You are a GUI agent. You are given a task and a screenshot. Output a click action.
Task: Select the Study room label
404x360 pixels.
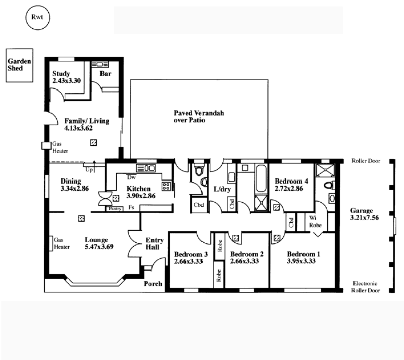(x=61, y=74)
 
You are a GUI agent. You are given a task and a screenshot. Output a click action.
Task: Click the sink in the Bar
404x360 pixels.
(x=100, y=64)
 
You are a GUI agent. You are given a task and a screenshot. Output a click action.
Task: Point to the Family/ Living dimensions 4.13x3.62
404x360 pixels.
(x=78, y=128)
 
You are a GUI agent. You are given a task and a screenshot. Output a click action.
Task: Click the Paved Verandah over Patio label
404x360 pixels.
(x=198, y=117)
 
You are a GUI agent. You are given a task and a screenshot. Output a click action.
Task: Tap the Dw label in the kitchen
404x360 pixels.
(x=131, y=177)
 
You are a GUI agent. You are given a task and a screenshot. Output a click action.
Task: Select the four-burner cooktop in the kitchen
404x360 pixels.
(x=166, y=186)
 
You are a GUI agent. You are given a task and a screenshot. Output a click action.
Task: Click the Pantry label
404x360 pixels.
(x=115, y=209)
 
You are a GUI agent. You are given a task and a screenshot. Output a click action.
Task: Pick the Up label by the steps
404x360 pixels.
(x=89, y=170)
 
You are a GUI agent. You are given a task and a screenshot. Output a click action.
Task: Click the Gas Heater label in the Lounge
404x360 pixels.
(x=62, y=243)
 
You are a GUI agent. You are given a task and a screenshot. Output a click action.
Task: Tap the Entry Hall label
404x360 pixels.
(x=155, y=243)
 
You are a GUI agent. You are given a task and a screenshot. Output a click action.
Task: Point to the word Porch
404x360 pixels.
(x=153, y=284)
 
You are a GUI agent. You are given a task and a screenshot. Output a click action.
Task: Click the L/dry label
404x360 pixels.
(x=222, y=189)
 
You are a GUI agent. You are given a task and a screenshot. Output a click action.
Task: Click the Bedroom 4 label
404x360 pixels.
(x=291, y=181)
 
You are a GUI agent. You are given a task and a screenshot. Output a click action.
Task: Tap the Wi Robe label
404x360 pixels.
(x=315, y=221)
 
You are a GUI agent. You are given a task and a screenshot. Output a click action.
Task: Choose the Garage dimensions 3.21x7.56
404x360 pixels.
(x=364, y=218)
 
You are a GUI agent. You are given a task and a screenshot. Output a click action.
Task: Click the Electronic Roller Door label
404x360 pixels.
(x=365, y=287)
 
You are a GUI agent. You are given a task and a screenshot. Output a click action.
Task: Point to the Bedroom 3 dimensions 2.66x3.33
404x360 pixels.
(x=188, y=261)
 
